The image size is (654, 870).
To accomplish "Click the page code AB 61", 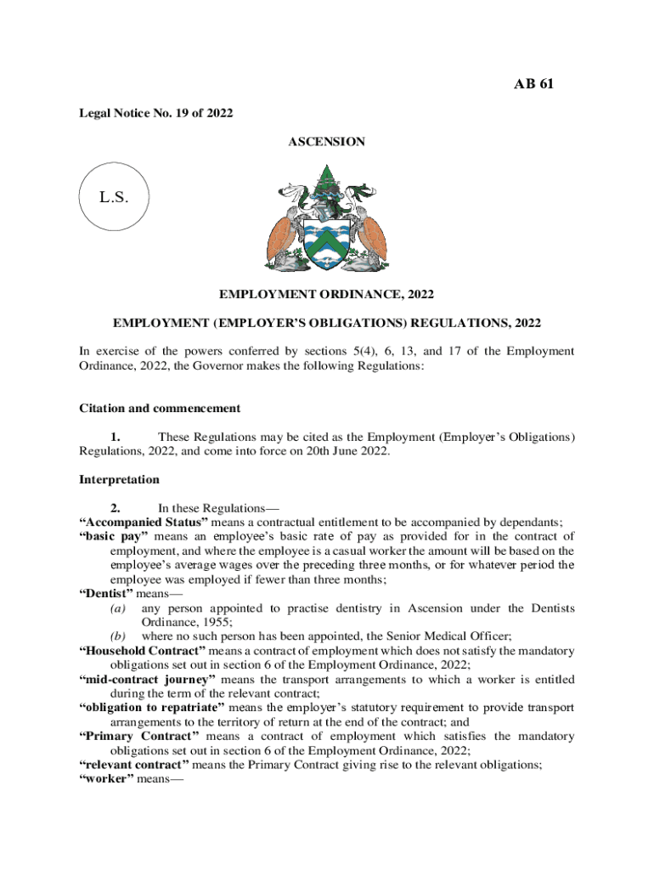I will (x=534, y=83).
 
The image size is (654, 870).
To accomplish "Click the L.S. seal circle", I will (x=113, y=198).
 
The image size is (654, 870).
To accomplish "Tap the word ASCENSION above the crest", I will (x=327, y=142).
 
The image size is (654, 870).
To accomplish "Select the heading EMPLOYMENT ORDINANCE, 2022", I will (x=327, y=294).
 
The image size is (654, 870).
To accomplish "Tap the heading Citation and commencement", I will (x=159, y=408).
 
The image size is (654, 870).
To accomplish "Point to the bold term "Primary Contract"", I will (x=138, y=736).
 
